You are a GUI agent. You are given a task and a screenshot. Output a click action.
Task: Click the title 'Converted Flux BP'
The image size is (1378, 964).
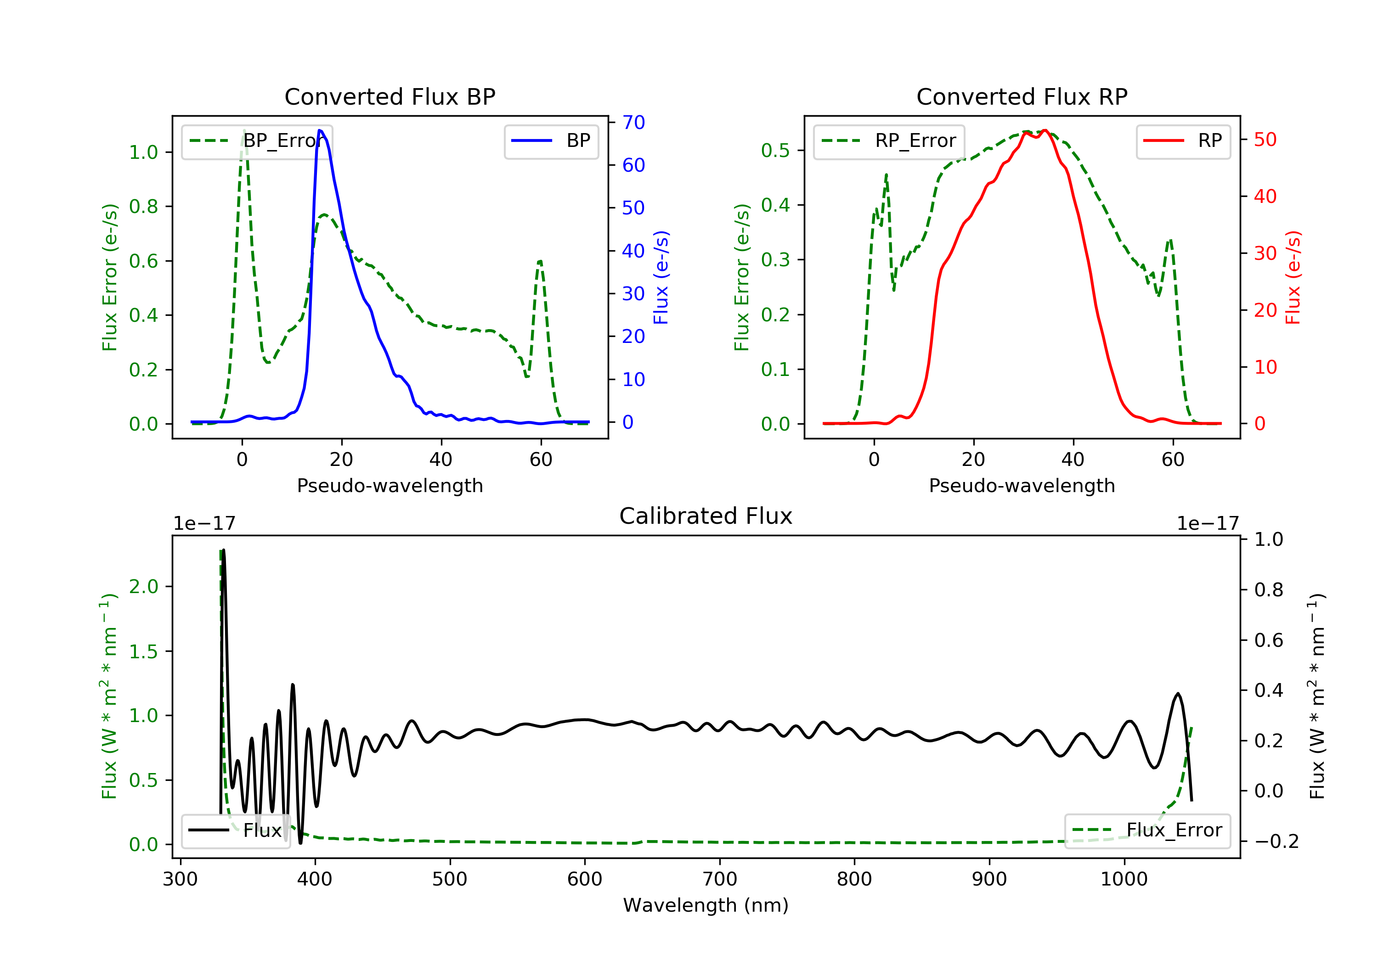pos(390,96)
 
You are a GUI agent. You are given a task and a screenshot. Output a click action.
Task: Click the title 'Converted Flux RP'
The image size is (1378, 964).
pos(1022,96)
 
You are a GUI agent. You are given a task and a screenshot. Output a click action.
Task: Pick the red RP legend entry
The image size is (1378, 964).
pos(1183,141)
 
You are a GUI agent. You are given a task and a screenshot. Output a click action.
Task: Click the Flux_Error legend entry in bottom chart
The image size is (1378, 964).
pos(1147,830)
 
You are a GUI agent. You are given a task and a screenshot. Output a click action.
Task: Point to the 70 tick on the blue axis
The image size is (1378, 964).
pos(633,123)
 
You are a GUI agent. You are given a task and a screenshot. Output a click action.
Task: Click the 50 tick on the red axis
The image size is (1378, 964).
pos(1265,140)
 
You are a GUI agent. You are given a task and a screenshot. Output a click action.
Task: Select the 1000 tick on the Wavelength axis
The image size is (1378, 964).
pos(1124,880)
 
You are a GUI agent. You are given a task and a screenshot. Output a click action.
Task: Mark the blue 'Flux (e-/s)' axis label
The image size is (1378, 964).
pos(661,277)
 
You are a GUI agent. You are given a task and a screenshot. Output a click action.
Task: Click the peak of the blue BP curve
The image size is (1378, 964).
pos(320,130)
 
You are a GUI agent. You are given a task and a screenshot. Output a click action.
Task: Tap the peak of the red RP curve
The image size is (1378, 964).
pos(1045,130)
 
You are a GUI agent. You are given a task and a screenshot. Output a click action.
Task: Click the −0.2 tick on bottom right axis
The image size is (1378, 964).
pos(1276,841)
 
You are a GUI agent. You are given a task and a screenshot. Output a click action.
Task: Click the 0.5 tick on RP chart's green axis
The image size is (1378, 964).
pos(775,150)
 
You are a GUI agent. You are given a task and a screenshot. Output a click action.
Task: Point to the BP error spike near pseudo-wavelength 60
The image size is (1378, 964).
pos(540,262)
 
